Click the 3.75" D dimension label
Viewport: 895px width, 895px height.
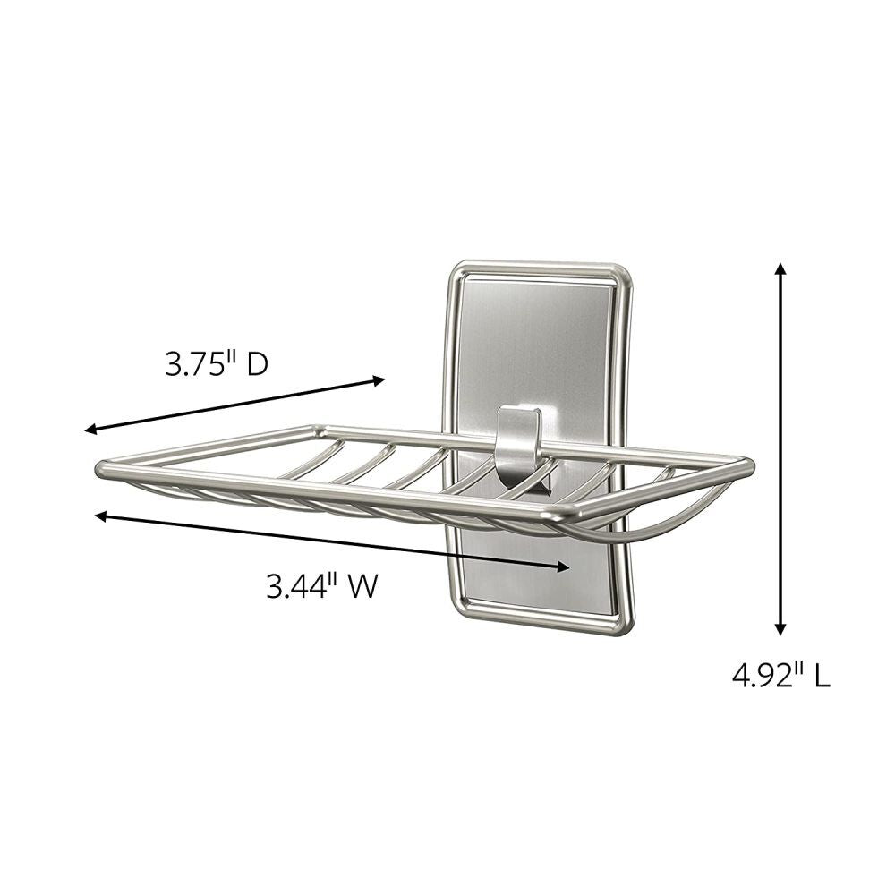click(217, 364)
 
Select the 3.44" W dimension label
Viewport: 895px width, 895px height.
click(321, 586)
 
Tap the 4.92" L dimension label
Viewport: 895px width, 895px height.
click(780, 674)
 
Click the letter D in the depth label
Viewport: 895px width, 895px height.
click(257, 364)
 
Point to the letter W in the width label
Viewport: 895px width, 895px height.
click(361, 586)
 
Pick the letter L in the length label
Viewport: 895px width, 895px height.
click(822, 674)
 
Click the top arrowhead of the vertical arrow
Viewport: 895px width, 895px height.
click(780, 268)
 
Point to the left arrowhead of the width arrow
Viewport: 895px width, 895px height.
click(101, 516)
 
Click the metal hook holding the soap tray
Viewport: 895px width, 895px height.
click(518, 439)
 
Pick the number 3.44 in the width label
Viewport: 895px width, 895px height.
click(300, 586)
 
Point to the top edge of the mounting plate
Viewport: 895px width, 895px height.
click(546, 267)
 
